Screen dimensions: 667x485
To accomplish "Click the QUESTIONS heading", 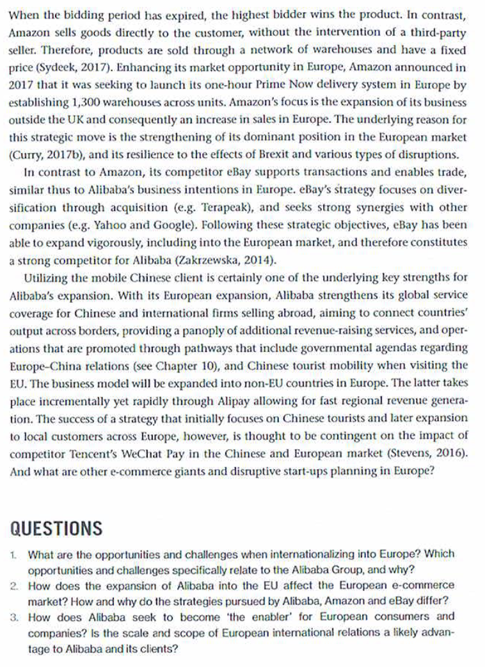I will tap(57, 529).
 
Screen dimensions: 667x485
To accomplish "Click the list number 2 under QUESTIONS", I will tap(15, 586).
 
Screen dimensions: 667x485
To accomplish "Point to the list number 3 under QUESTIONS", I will tap(15, 617).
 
